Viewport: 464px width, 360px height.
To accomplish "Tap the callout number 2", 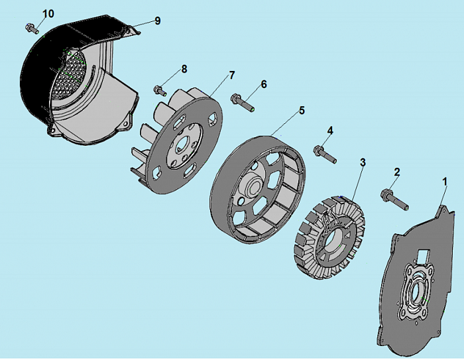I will pyautogui.click(x=397, y=172).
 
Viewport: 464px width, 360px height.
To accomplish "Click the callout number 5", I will pyautogui.click(x=302, y=110).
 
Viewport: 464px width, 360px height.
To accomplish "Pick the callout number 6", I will pyautogui.click(x=263, y=84).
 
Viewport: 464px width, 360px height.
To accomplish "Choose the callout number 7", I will pyautogui.click(x=232, y=75).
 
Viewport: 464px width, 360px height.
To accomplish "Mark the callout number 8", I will pyautogui.click(x=184, y=68).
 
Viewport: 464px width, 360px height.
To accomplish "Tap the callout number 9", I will pyautogui.click(x=158, y=21).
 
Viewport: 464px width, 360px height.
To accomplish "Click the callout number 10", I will pyautogui.click(x=48, y=13).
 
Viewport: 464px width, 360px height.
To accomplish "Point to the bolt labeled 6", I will pyautogui.click(x=243, y=103).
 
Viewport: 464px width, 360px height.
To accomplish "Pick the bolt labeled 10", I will pyautogui.click(x=31, y=28).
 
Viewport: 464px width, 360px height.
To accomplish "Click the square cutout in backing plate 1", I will pyautogui.click(x=424, y=255).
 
